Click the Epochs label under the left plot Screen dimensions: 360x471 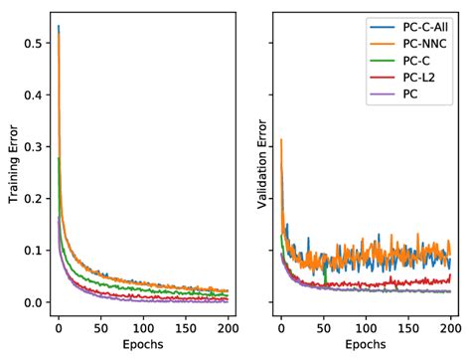pyautogui.click(x=143, y=345)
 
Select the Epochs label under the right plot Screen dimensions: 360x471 pyautogui.click(x=366, y=345)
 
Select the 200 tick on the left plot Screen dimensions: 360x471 pyautogui.click(x=228, y=325)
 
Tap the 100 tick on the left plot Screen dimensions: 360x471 pyautogui.click(x=143, y=325)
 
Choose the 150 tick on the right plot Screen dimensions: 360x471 pyautogui.click(x=408, y=325)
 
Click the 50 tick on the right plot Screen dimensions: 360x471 pyautogui.click(x=324, y=325)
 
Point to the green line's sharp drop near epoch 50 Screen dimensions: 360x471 pyautogui.click(x=325, y=273)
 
